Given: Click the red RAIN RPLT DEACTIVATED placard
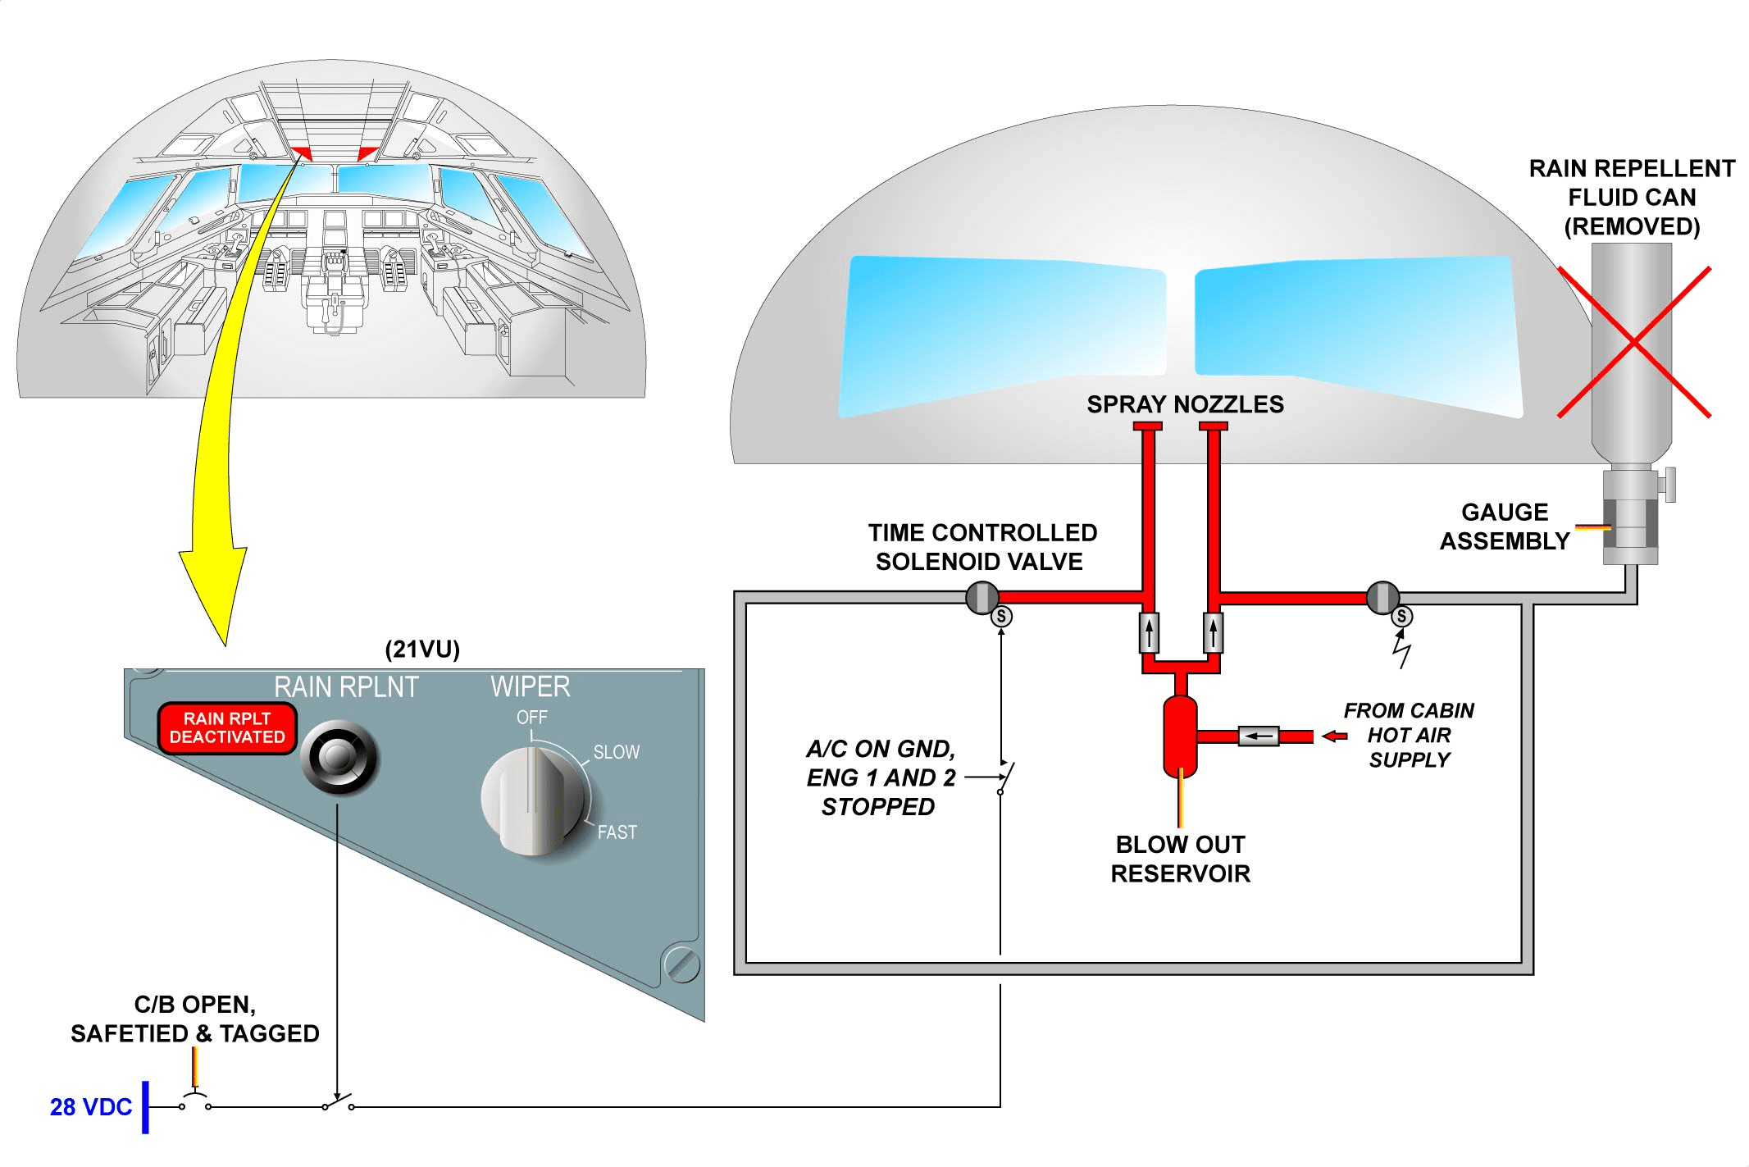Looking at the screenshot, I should (227, 727).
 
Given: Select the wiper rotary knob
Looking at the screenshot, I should (535, 800).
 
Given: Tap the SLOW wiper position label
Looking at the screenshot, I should (616, 752).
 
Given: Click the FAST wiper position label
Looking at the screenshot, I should (617, 832).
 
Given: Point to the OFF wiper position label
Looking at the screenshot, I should (531, 718).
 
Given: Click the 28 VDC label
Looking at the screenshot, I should (90, 1107).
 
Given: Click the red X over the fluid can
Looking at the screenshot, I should (1633, 342).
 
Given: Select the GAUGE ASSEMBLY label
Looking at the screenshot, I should (1505, 527).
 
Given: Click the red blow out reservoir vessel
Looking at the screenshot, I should (1180, 736).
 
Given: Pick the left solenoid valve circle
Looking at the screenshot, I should (982, 598).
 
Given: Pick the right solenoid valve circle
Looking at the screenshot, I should (1383, 598).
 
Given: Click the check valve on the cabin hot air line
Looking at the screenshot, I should (1258, 736).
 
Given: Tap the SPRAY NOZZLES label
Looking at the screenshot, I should (1185, 404).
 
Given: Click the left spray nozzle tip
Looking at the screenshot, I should (1148, 426).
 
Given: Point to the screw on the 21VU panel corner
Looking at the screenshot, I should (681, 964).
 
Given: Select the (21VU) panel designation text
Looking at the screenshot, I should (422, 650).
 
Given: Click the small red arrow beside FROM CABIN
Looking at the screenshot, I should (1335, 736).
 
